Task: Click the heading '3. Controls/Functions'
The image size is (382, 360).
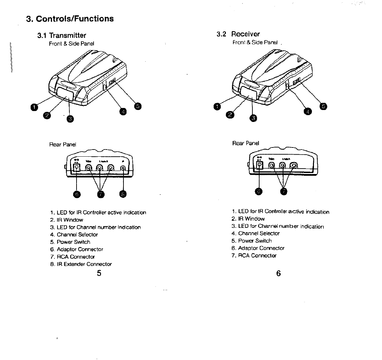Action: click(x=70, y=18)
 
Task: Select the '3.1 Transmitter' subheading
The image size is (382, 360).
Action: click(x=62, y=35)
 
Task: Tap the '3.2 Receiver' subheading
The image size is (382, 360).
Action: click(x=238, y=34)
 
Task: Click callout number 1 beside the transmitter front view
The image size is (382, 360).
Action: click(x=33, y=108)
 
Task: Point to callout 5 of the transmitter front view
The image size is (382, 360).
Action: click(x=138, y=106)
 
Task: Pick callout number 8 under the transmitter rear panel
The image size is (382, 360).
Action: click(x=123, y=194)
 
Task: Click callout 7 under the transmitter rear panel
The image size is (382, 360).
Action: click(x=100, y=194)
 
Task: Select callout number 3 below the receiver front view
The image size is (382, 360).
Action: click(x=253, y=118)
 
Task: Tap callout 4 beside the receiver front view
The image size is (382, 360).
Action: click(x=307, y=111)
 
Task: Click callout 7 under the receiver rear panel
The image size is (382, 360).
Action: click(x=283, y=191)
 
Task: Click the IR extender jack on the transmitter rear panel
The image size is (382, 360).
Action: click(x=123, y=168)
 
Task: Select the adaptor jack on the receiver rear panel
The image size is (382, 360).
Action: click(x=260, y=165)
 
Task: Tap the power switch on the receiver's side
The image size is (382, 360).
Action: click(x=297, y=81)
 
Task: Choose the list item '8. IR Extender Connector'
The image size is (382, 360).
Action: click(x=81, y=264)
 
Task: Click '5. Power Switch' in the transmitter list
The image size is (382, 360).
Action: click(x=70, y=242)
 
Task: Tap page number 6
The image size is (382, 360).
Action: click(x=279, y=273)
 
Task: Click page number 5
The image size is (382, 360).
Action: click(x=99, y=273)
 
